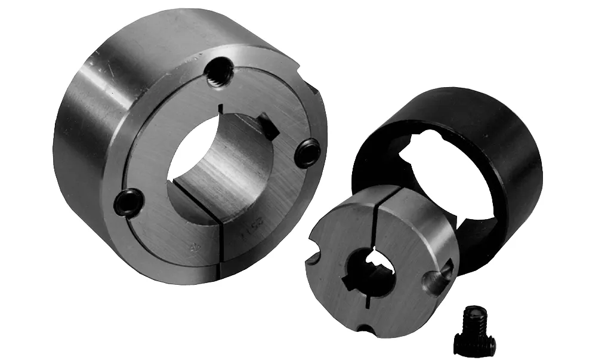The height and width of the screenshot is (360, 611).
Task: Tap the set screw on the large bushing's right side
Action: point(307,153)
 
